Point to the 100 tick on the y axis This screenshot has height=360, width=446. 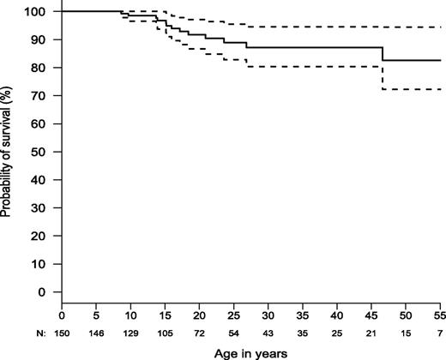point(41,11)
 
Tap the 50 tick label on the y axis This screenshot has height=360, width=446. point(44,152)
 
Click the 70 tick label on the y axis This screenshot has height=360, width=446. point(44,95)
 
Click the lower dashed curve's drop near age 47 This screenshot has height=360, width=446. point(383,78)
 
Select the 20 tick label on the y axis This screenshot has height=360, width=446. point(44,236)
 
